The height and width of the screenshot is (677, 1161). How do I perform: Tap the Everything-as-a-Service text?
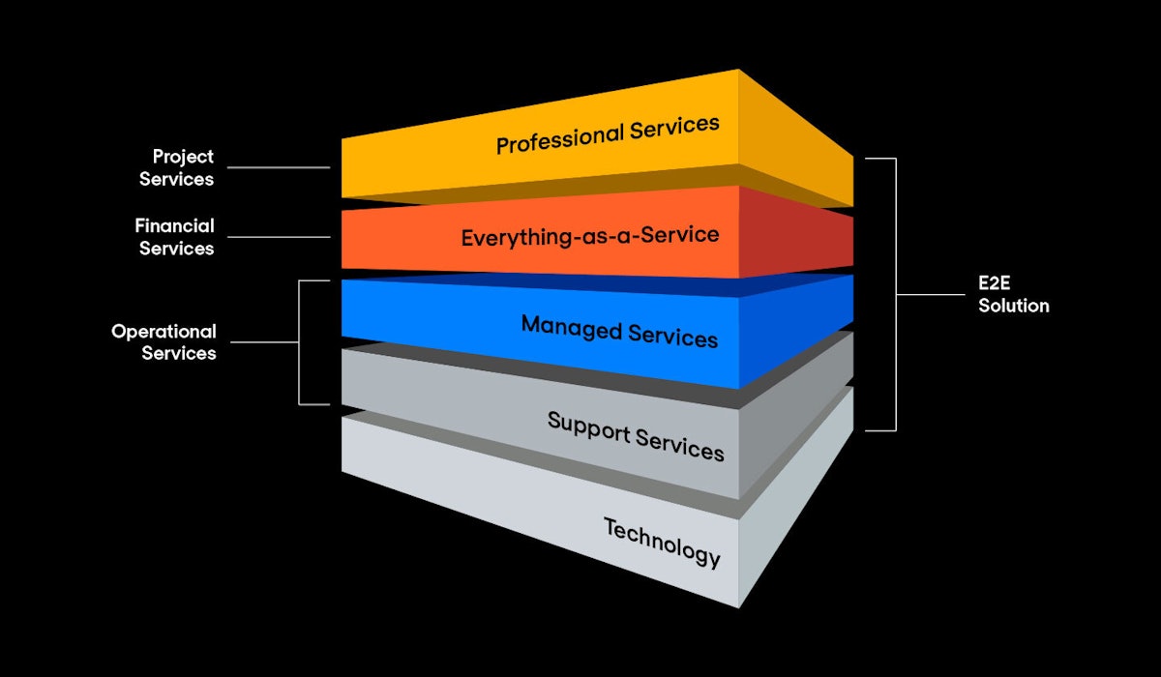pyautogui.click(x=589, y=236)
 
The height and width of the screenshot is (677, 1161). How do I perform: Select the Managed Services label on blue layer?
pyautogui.click(x=619, y=331)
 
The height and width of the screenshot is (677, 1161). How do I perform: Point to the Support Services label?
pyautogui.click(x=635, y=436)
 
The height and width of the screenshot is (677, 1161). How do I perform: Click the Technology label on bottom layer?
pyautogui.click(x=662, y=542)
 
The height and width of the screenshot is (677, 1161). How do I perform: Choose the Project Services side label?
pyautogui.click(x=177, y=167)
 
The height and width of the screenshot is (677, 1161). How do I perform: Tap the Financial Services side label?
pyautogui.click(x=175, y=237)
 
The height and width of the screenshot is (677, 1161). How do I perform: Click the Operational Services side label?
pyautogui.click(x=164, y=342)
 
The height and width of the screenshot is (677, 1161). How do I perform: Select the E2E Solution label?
pyautogui.click(x=1013, y=295)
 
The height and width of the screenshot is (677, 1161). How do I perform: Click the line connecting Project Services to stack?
pyautogui.click(x=279, y=167)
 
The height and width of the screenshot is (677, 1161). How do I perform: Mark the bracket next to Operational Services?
pyautogui.click(x=300, y=342)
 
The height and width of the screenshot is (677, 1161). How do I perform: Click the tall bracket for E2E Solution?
pyautogui.click(x=895, y=294)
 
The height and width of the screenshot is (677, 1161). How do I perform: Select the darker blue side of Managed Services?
pyautogui.click(x=795, y=334)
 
